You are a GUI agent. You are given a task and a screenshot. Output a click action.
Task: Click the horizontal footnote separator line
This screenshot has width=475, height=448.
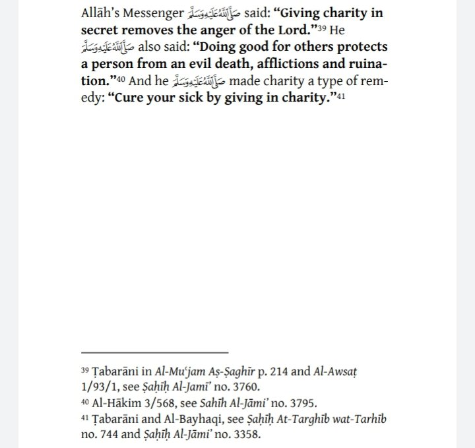coord(154,352)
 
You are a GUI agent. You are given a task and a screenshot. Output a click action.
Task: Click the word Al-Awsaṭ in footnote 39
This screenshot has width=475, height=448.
coord(369,371)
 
